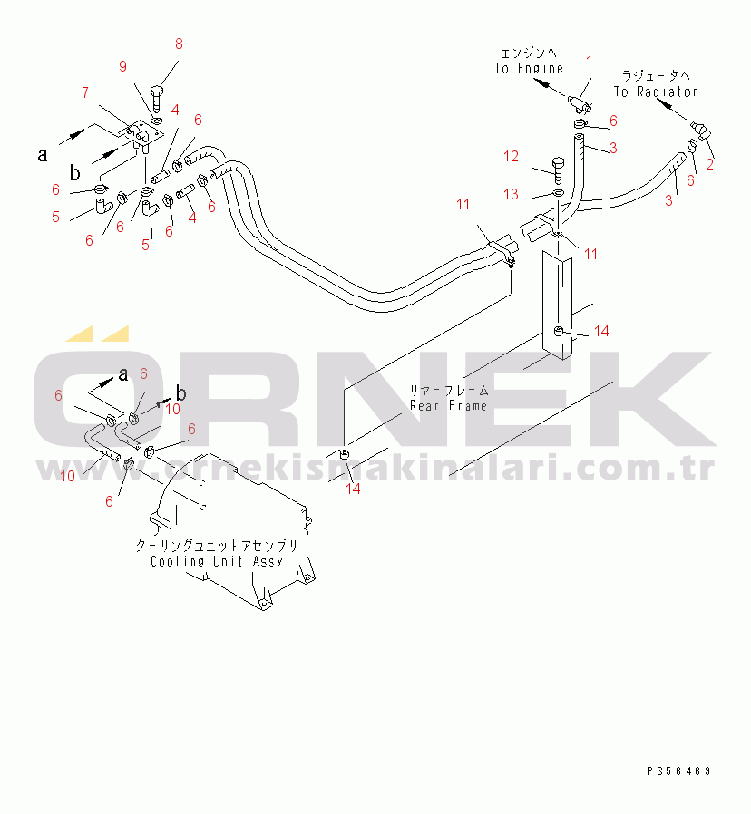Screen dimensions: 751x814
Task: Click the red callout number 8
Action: click(x=179, y=44)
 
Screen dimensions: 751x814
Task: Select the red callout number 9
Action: click(x=122, y=66)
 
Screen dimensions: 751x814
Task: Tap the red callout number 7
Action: click(x=85, y=93)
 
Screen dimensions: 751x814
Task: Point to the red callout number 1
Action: click(x=589, y=62)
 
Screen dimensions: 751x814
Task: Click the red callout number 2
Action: click(x=709, y=165)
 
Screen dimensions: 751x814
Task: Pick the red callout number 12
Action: click(x=511, y=156)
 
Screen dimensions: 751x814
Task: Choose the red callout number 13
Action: click(x=511, y=194)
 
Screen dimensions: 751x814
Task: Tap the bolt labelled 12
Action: click(x=558, y=170)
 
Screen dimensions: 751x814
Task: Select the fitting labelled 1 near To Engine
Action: click(x=580, y=104)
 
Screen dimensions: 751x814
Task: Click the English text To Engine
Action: click(x=528, y=69)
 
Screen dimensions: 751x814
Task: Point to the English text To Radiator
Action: click(x=656, y=92)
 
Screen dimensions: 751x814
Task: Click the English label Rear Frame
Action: click(x=448, y=405)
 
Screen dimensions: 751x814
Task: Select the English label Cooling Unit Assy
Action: click(x=217, y=561)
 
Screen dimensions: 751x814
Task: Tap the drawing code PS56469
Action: click(x=678, y=771)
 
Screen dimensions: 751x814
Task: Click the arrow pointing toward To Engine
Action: click(x=549, y=87)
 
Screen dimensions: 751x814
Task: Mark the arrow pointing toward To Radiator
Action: click(x=671, y=108)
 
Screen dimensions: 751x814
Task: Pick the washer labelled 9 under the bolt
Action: click(x=158, y=121)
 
